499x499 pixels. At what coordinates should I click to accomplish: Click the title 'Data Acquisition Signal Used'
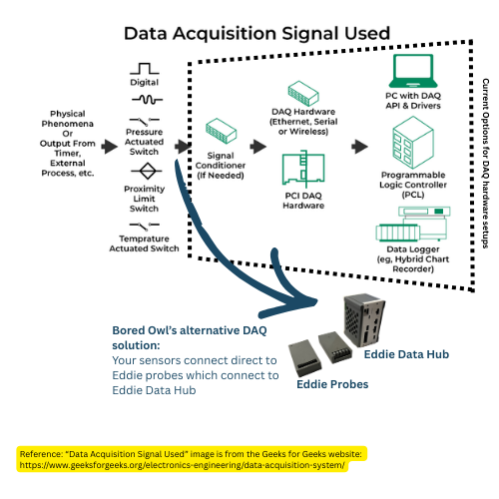point(255,33)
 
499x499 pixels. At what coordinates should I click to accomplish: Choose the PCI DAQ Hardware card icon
point(304,170)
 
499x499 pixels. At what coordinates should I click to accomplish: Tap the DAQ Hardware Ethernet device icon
point(303,95)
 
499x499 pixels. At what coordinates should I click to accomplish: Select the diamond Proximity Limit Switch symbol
point(146,170)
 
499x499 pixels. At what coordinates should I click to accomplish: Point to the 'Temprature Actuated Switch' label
point(146,243)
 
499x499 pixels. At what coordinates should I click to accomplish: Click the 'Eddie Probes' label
point(330,383)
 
